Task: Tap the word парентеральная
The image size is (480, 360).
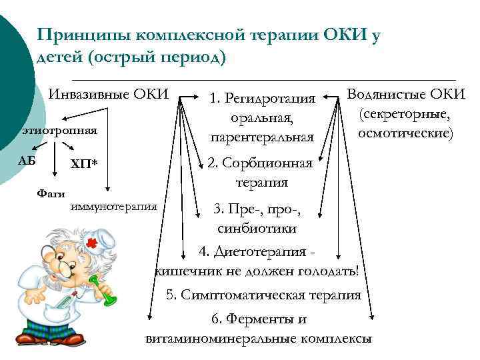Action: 262,138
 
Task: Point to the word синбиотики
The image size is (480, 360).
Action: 257,228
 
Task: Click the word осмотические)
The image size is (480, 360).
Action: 406,133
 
